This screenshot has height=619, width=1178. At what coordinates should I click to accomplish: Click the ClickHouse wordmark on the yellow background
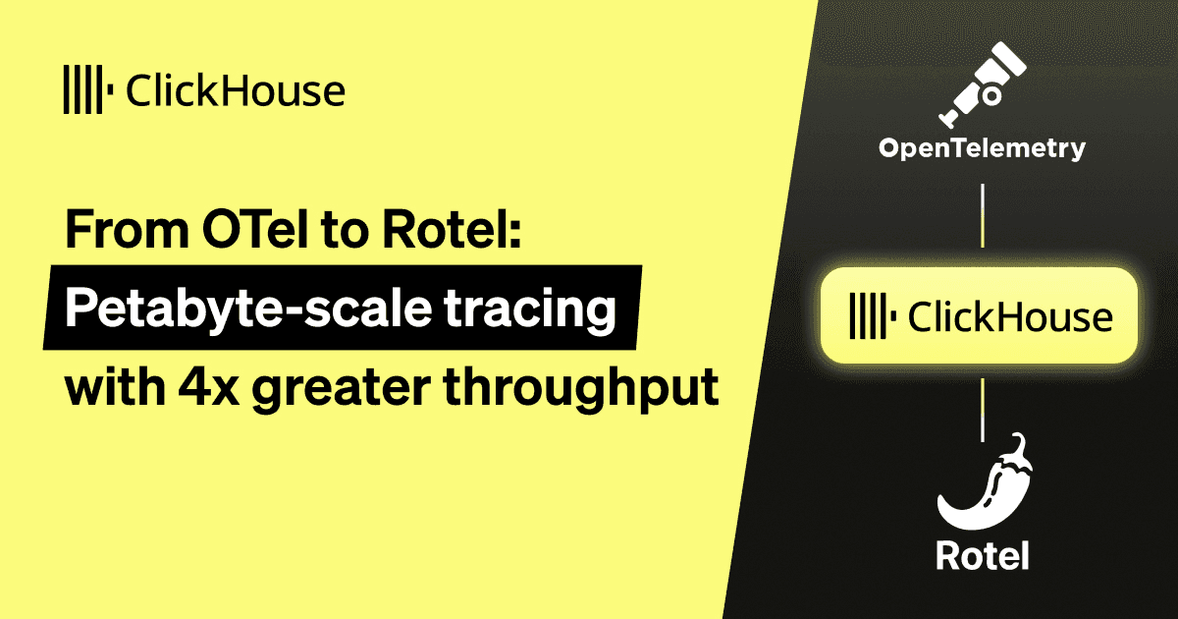(x=236, y=91)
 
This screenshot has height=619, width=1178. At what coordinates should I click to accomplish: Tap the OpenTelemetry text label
(x=982, y=149)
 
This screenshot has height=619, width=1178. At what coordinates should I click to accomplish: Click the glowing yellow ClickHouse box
(x=982, y=316)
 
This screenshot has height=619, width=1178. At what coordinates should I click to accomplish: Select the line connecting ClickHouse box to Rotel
(x=982, y=407)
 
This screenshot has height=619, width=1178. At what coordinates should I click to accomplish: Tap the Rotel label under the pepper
(x=982, y=556)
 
